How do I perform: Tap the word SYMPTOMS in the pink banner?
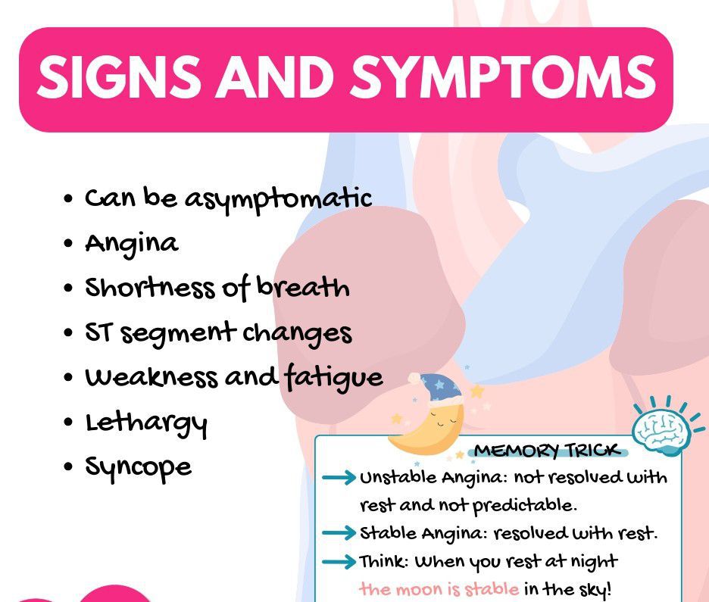503,76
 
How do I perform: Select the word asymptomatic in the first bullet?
278,200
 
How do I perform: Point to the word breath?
303,286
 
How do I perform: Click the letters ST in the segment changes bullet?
98,332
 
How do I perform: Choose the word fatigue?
334,377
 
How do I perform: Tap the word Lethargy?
146,424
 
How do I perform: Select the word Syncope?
139,468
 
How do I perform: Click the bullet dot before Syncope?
68,466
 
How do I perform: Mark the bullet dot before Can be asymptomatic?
68,198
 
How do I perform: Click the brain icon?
662,427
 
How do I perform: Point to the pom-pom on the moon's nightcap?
414,379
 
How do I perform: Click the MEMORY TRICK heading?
547,450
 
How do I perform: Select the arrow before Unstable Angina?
339,477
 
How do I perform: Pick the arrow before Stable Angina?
339,533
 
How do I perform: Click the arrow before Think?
339,561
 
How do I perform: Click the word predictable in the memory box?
524,506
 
